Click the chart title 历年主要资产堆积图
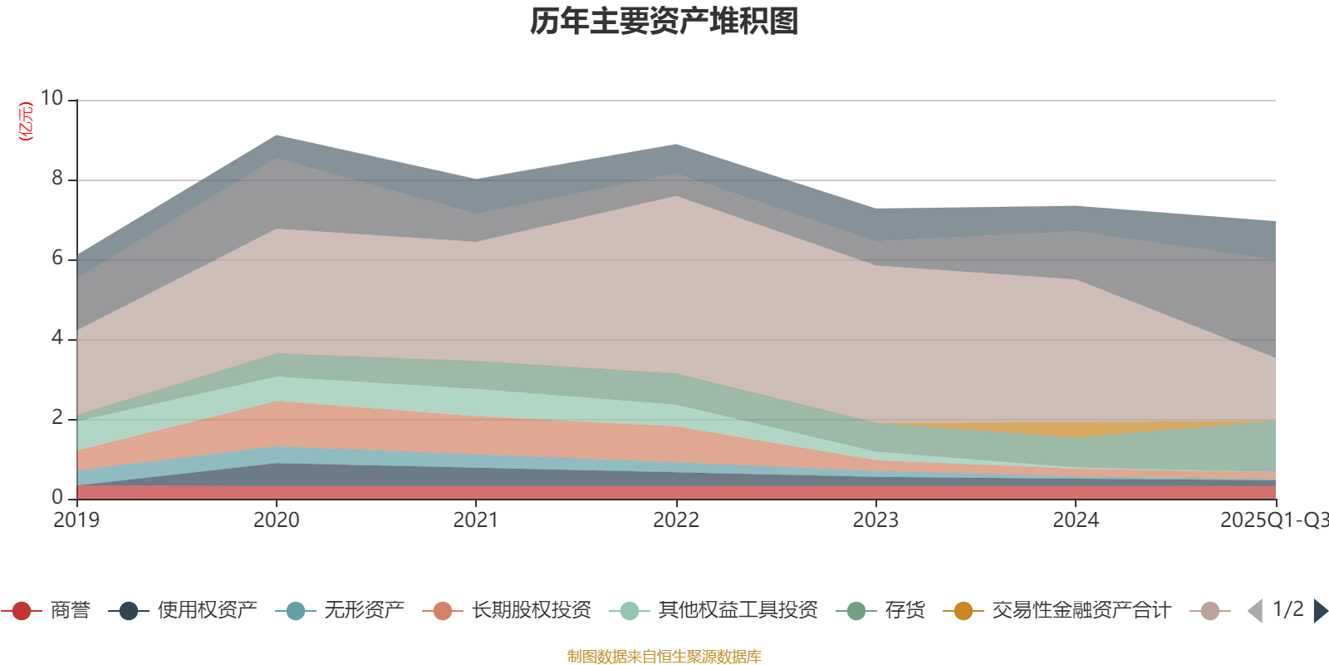tap(664, 22)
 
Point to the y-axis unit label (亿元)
tap(27, 121)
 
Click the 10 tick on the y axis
tap(52, 98)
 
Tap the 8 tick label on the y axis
tap(57, 178)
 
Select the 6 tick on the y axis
tap(57, 258)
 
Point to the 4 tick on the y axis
tap(57, 337)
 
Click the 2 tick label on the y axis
tap(57, 417)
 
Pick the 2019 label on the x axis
tap(76, 520)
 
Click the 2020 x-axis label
tap(276, 520)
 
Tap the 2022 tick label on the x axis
tap(675, 520)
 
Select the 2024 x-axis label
tap(1076, 520)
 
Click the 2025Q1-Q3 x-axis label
tap(1273, 520)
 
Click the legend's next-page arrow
tap(1321, 611)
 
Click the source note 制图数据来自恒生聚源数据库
tap(664, 657)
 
